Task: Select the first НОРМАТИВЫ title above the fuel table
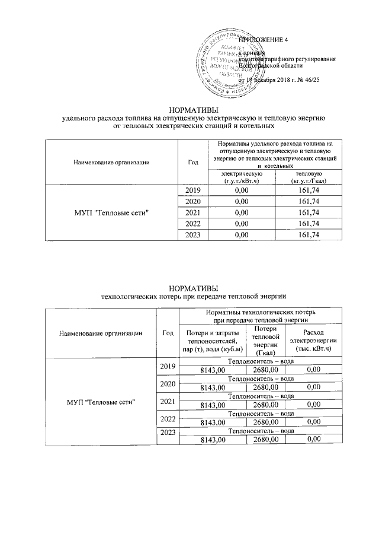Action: click(194, 110)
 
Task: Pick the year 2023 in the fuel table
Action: click(194, 236)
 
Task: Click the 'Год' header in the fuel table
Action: click(194, 161)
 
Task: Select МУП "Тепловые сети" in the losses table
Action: click(101, 403)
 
